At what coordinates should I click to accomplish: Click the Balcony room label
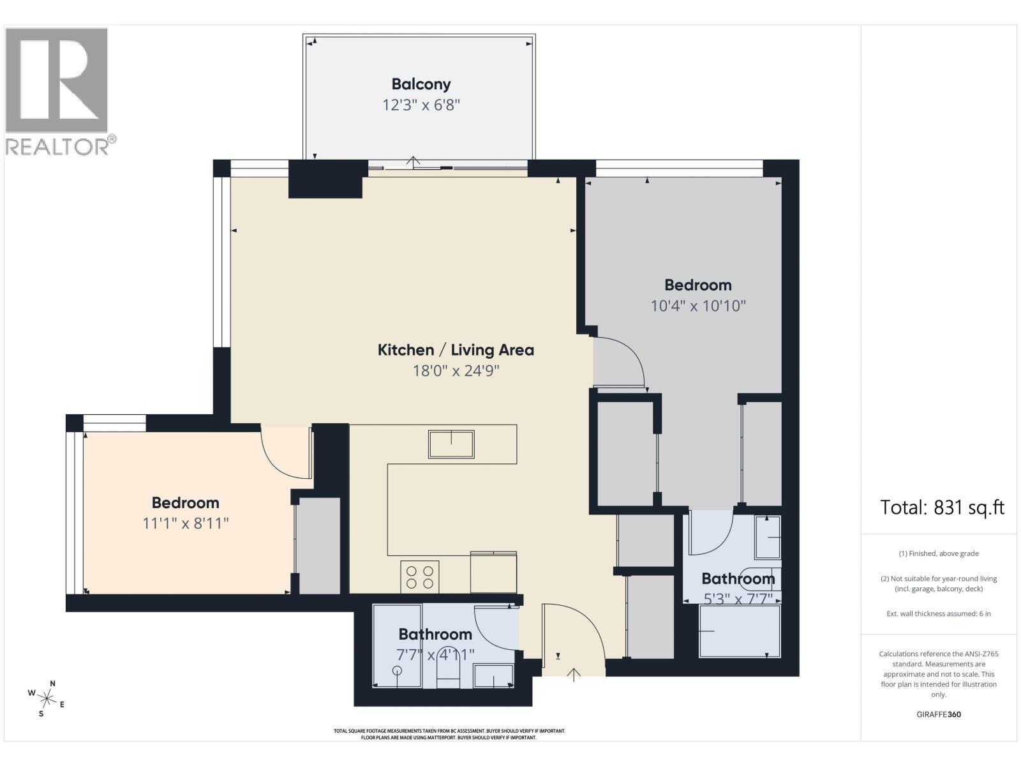coord(421,84)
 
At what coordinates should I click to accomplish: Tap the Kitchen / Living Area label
coord(456,350)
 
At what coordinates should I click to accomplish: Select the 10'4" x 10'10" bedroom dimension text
coord(697,306)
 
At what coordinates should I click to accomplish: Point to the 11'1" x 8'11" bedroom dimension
coord(186,523)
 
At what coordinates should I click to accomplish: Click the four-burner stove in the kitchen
coord(419,576)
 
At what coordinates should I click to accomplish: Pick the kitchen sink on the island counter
coord(451,444)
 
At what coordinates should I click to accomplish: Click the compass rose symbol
coord(47,698)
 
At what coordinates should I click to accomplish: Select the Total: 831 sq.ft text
coord(943,507)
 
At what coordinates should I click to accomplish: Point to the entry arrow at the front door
coord(574,675)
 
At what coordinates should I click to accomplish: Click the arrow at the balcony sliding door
coord(413,161)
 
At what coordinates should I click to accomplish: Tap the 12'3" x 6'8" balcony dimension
coord(421,105)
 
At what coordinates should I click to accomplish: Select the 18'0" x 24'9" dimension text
coord(456,371)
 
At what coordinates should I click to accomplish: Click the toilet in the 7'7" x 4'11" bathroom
coord(448,672)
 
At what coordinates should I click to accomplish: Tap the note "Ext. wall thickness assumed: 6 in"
coord(939,614)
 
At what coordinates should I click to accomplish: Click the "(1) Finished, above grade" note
coord(939,553)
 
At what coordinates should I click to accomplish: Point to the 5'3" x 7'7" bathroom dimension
coord(738,599)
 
